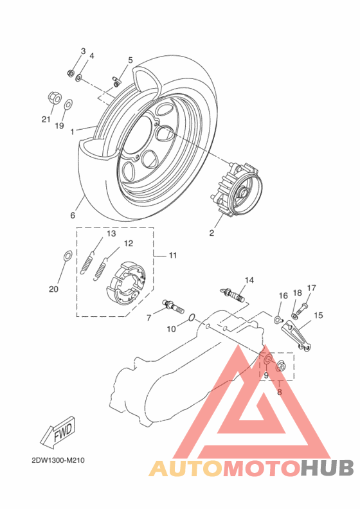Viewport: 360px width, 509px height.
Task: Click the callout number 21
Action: click(x=46, y=119)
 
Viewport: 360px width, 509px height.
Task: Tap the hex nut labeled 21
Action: click(x=54, y=98)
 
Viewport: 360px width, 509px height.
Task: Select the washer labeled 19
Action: click(x=69, y=103)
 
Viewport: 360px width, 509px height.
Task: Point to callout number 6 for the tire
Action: click(x=73, y=215)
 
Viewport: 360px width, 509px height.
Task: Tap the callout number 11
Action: click(x=173, y=255)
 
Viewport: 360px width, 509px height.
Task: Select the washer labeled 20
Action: click(x=67, y=256)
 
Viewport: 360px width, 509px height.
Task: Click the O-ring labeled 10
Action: click(x=191, y=317)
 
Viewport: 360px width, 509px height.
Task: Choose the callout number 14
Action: click(x=249, y=280)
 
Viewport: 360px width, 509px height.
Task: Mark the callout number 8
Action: click(x=280, y=391)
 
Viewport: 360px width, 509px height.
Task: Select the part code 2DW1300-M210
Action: click(x=58, y=461)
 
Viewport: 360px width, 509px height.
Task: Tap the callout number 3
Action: click(x=83, y=51)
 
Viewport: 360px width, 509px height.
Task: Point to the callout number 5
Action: click(x=130, y=60)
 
